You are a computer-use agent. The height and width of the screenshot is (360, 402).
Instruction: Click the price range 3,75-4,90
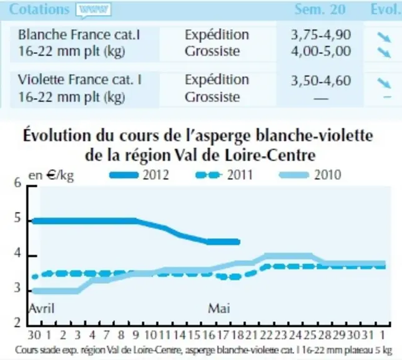point(321,34)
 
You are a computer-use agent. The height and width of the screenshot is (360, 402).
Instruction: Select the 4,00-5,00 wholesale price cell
point(321,51)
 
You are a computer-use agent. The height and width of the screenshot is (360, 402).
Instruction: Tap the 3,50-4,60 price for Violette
point(321,81)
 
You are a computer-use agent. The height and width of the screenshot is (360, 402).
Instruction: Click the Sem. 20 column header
point(320,9)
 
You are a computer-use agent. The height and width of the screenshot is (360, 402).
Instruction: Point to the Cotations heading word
point(39,9)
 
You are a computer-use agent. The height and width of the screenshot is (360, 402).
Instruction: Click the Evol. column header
point(386,9)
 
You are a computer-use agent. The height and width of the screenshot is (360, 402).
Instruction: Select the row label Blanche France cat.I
point(79,34)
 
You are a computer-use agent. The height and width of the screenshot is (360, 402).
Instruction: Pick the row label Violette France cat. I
point(80,79)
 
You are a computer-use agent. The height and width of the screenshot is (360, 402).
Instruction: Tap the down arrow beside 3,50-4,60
point(384,83)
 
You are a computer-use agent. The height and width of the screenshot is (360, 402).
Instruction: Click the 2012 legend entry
point(139,175)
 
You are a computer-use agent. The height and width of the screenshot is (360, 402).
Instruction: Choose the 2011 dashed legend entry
point(224,175)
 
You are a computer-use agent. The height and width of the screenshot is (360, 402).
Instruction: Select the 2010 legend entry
point(310,175)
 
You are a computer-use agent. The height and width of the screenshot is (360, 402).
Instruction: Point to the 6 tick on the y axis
point(17,183)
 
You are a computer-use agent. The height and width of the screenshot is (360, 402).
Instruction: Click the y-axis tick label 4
point(17,254)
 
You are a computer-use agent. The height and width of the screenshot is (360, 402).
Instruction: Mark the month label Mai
point(218,308)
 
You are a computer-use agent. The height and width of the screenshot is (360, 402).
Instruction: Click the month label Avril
point(42,308)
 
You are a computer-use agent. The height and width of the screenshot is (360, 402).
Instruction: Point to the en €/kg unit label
point(51,176)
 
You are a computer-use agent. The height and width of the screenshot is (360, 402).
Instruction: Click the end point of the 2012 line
point(238,242)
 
